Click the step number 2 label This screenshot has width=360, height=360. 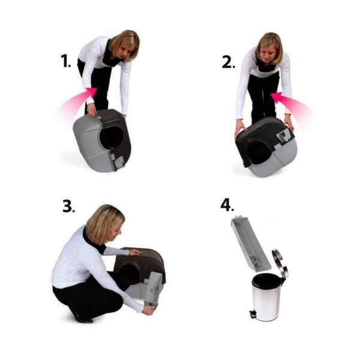228,62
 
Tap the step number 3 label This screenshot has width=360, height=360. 68,206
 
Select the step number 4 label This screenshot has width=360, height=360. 227,205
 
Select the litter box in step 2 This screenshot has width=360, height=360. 264,147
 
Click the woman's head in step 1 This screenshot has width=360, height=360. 125,45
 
